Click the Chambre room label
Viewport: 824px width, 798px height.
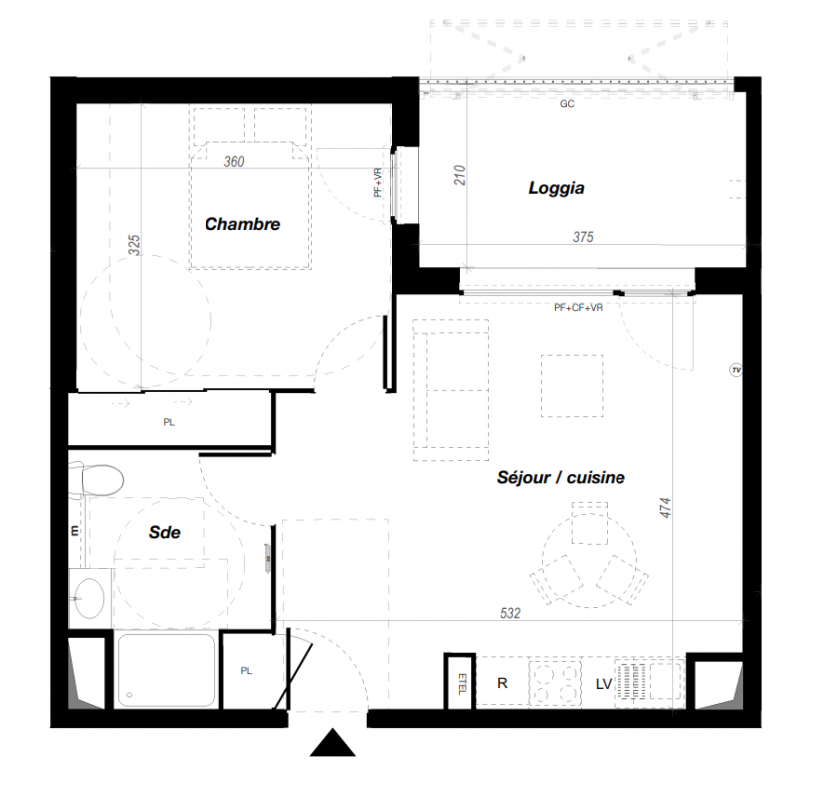[242, 224]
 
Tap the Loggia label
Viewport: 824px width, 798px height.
[556, 188]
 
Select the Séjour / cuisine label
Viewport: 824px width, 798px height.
[561, 477]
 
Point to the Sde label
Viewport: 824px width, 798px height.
[164, 533]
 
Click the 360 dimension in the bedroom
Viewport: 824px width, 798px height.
[234, 162]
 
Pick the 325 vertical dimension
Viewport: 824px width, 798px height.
[135, 245]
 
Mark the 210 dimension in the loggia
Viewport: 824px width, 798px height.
[459, 175]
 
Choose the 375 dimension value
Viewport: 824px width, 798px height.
[583, 237]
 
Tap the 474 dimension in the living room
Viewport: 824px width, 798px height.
[665, 508]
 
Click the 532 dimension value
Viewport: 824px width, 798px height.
[510, 613]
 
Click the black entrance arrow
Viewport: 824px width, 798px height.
[332, 742]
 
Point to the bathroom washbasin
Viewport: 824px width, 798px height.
[89, 598]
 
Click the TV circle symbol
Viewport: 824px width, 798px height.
[736, 370]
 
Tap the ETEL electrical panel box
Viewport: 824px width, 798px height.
[460, 683]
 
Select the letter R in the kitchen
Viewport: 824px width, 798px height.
[502, 683]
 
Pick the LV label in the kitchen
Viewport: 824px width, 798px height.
[604, 684]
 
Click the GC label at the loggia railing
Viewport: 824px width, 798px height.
[567, 104]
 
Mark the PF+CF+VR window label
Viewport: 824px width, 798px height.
[578, 308]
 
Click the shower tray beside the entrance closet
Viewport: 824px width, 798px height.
[167, 671]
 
